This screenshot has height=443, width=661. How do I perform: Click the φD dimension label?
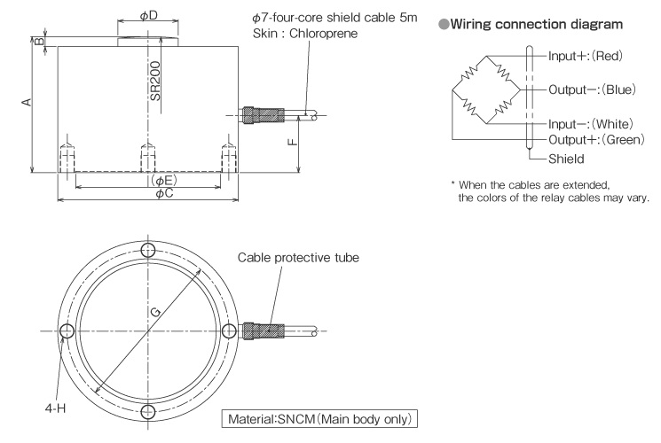(x=149, y=17)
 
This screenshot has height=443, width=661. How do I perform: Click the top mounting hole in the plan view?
(x=147, y=250)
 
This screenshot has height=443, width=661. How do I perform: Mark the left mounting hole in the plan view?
(x=67, y=330)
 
